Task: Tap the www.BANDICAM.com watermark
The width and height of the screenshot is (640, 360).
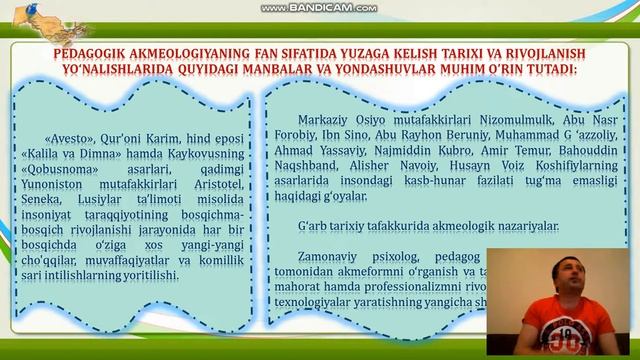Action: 319,9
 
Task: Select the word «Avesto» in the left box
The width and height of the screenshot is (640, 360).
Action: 67,139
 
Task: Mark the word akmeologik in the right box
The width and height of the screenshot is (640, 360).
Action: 445,226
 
